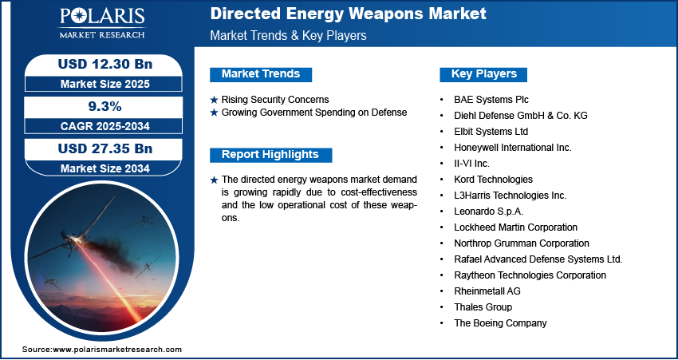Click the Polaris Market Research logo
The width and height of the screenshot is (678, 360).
pyautogui.click(x=102, y=22)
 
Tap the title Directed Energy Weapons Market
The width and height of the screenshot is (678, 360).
pyautogui.click(x=348, y=14)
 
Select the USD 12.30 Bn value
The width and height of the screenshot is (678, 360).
pyautogui.click(x=105, y=64)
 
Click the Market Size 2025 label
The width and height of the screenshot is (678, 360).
pyautogui.click(x=105, y=84)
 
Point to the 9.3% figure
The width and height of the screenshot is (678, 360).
pyautogui.click(x=105, y=106)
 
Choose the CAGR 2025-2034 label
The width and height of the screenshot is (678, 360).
pyautogui.click(x=105, y=126)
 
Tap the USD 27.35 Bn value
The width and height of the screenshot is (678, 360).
pyautogui.click(x=105, y=148)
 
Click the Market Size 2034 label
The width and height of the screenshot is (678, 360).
pyautogui.click(x=105, y=168)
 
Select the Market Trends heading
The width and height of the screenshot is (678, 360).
pyautogui.click(x=261, y=74)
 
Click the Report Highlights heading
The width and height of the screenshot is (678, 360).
pyautogui.click(x=270, y=155)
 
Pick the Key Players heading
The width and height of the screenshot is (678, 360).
pyautogui.click(x=483, y=74)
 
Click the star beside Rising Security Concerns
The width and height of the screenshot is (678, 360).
pyautogui.click(x=214, y=100)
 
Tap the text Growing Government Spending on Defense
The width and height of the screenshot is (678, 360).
pyautogui.click(x=314, y=113)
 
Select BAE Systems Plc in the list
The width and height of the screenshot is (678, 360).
pyautogui.click(x=491, y=100)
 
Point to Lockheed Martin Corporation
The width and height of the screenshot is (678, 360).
pyautogui.click(x=516, y=227)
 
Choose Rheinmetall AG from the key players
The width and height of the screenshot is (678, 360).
pyautogui.click(x=487, y=291)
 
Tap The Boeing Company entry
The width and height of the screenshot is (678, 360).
pyautogui.click(x=500, y=322)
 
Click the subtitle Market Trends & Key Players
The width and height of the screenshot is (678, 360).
pyautogui.click(x=289, y=35)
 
